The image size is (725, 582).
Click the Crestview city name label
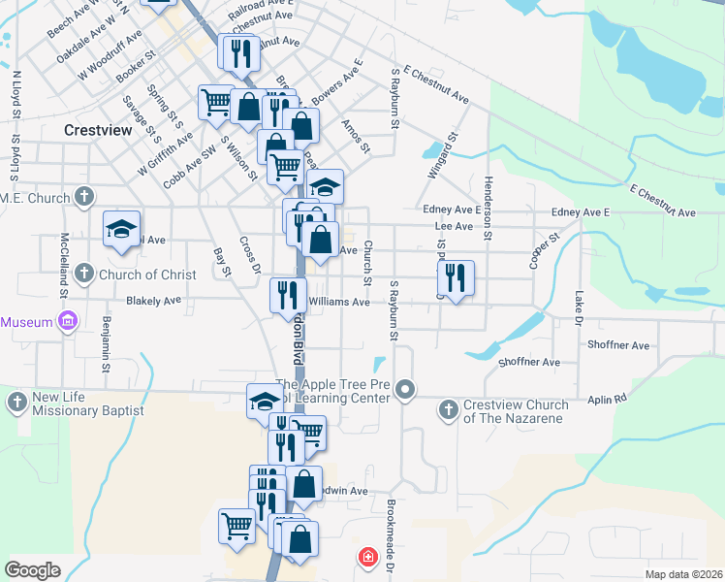pyautogui.click(x=98, y=129)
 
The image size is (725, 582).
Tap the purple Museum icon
pyautogui.click(x=67, y=321)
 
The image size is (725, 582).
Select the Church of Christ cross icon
pyautogui.click(x=84, y=274)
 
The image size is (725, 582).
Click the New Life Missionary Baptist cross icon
pyautogui.click(x=16, y=401)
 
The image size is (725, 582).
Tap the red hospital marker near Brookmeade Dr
pyautogui.click(x=367, y=557)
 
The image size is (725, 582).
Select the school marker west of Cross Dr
pyautogui.click(x=121, y=229)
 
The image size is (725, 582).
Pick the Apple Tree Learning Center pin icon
pyautogui.click(x=407, y=390)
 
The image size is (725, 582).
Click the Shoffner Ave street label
pyautogui.click(x=617, y=344)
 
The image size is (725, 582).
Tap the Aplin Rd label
pyautogui.click(x=607, y=399)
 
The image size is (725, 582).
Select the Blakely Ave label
pyautogui.click(x=153, y=301)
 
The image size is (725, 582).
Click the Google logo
pyautogui.click(x=32, y=570)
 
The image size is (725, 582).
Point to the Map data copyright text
pyautogui.click(x=682, y=574)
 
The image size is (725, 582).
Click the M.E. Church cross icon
pyautogui.click(x=84, y=198)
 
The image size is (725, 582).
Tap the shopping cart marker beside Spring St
pyautogui.click(x=214, y=102)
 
